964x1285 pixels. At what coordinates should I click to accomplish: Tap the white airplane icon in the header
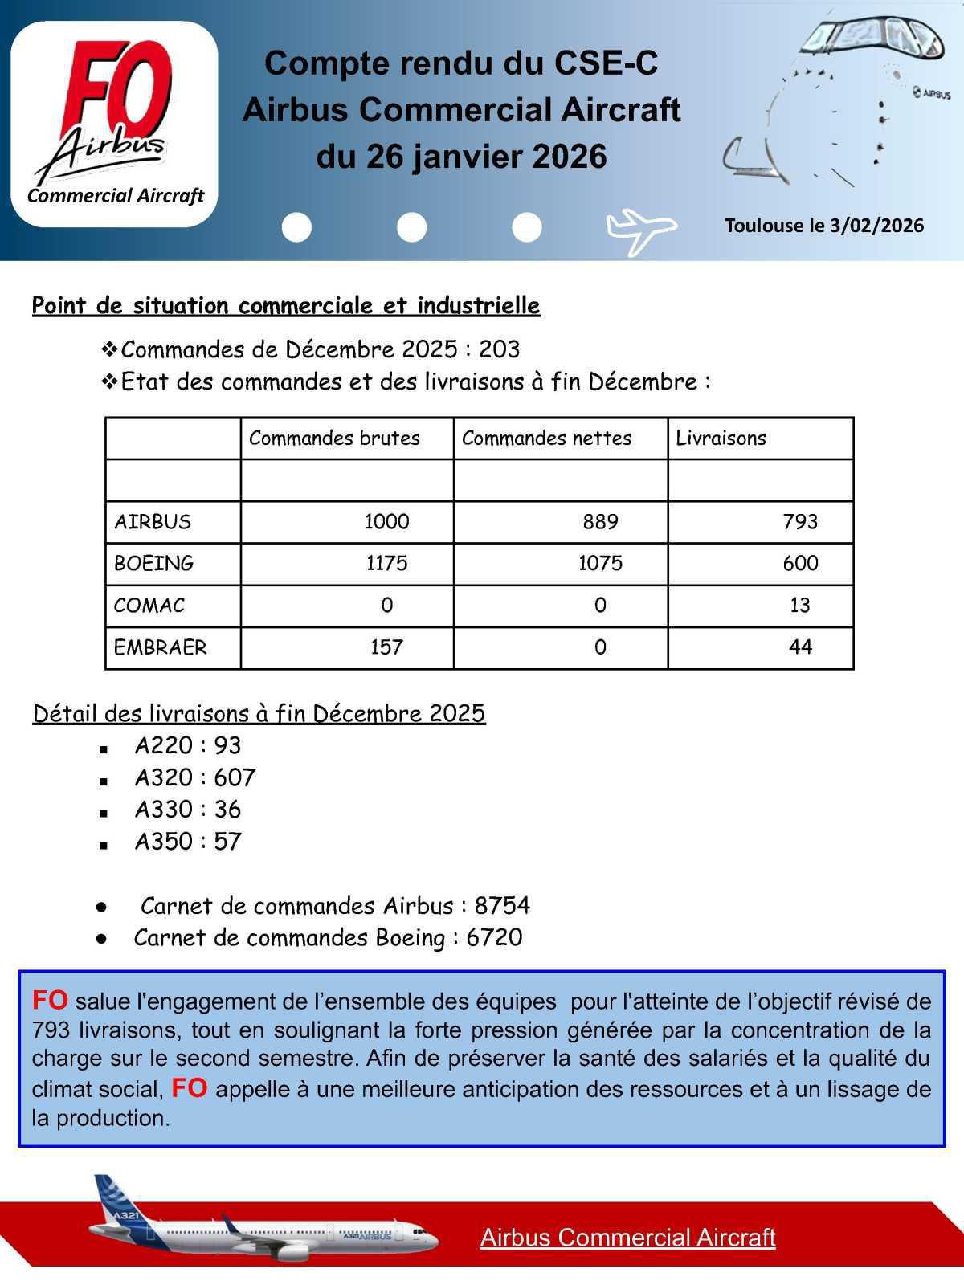pos(639,230)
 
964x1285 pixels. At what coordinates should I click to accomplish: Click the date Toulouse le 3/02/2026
pos(824,226)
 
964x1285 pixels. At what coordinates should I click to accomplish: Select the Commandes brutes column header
pos(334,439)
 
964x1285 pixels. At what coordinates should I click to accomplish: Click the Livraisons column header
pos(721,439)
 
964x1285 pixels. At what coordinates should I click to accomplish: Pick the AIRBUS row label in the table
pos(153,522)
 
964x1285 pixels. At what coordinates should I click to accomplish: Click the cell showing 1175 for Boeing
pos(386,564)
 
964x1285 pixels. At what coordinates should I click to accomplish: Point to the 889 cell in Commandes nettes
pos(600,522)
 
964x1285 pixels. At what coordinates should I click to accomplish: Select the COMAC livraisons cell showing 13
pos(799,606)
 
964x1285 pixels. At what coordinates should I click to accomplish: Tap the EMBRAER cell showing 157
pos(386,647)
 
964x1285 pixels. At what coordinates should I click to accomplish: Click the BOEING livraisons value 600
pos(800,564)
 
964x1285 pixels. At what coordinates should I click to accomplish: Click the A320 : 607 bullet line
pos(194,777)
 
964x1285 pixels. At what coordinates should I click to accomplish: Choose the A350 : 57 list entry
pos(188,842)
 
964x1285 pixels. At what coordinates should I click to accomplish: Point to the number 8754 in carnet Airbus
pos(502,906)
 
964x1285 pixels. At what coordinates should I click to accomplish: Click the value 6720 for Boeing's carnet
pos(494,938)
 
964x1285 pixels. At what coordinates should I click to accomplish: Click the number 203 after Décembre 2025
pos(499,349)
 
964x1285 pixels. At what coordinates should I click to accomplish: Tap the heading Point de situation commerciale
pos(285,306)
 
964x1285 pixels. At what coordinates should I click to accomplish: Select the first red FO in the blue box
pos(50,1001)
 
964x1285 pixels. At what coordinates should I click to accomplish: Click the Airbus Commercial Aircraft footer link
pos(627,1238)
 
